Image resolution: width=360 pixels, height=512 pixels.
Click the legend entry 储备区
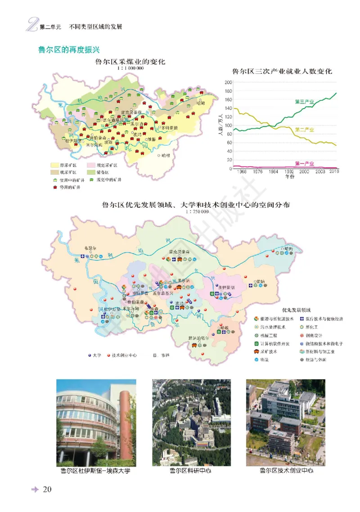click(111, 172)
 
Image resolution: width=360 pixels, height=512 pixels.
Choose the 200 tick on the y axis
click(228, 82)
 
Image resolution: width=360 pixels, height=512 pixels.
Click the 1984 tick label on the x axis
click(274, 172)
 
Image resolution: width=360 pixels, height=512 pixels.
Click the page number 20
click(48, 490)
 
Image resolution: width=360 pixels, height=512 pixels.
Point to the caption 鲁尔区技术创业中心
click(286, 471)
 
